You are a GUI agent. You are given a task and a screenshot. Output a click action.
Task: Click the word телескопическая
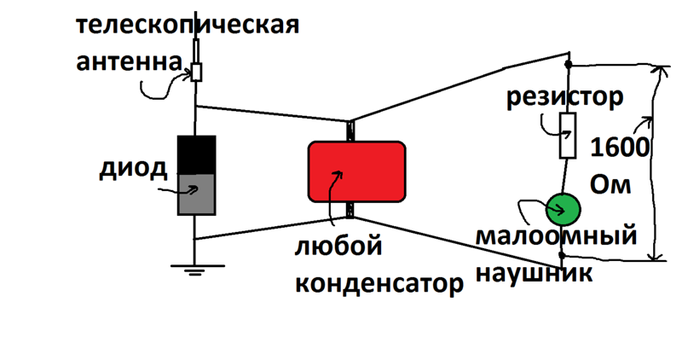(x=188, y=23)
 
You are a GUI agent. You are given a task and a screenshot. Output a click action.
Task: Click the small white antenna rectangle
(x=197, y=71)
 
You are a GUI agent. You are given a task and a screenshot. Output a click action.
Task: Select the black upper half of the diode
(x=196, y=154)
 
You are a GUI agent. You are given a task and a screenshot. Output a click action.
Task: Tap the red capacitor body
(x=356, y=171)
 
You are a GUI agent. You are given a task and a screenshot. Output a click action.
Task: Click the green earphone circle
(x=563, y=208)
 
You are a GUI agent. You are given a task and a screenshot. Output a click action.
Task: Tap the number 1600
(x=621, y=148)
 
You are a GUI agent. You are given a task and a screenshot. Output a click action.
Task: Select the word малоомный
(x=556, y=236)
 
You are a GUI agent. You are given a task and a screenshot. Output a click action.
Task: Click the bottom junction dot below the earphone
(x=562, y=254)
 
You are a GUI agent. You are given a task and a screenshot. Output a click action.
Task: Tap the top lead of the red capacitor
(x=350, y=131)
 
